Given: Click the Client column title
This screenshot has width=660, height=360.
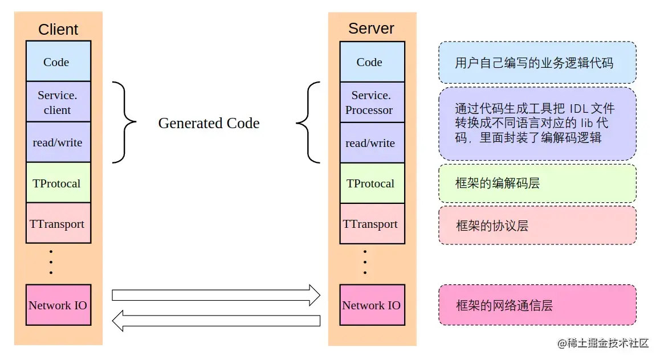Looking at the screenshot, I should pos(58,30).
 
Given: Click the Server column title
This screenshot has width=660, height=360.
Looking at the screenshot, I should pos(371,28).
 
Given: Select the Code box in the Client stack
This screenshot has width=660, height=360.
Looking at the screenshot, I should pos(58,62).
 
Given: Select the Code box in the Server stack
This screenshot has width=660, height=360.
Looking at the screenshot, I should pos(372,62).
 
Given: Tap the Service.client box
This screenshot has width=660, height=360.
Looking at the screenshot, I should pos(58,102).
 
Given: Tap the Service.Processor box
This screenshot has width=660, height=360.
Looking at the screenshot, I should pos(372,102).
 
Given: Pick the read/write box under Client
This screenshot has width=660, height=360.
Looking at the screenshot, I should pos(58,142).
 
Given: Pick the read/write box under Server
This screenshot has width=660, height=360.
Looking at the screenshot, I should pos(372,142).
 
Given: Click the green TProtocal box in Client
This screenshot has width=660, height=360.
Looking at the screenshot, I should pos(58,183).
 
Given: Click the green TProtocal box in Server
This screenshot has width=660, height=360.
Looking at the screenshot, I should pos(372,183).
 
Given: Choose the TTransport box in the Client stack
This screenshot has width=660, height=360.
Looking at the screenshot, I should pos(58,223).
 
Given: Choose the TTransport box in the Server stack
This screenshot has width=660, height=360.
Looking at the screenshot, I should pos(372,223).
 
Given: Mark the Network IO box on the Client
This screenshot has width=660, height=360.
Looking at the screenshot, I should pos(58,305).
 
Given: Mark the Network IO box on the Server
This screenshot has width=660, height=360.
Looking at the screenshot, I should pos(372,305).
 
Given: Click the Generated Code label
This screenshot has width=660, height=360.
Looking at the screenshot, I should pos(209,123).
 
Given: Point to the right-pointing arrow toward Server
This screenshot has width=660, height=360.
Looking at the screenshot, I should pos(216,294).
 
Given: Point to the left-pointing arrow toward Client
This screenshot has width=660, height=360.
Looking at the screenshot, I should pos(216,320).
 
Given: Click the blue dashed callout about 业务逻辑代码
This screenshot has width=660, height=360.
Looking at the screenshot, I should pos(537,63).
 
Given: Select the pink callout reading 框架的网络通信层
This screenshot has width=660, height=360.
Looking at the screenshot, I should pos(537,305).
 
